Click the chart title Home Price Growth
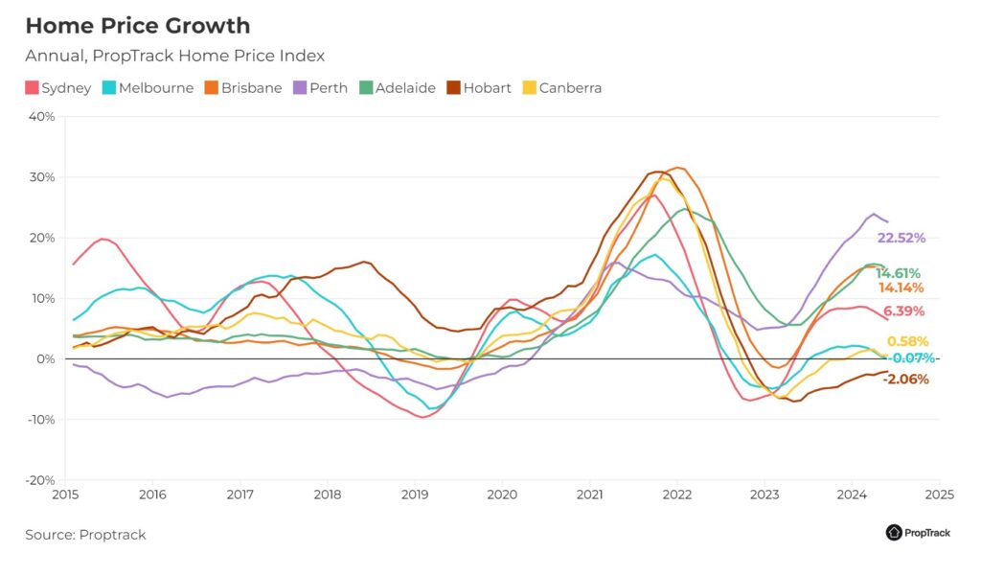tap(138, 26)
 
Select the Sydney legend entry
tap(58, 87)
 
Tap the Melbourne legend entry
tap(148, 87)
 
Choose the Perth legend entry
tap(320, 87)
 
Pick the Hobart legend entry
tap(479, 87)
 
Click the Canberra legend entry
tap(562, 87)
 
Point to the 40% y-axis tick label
tap(41, 117)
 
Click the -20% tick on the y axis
tap(40, 480)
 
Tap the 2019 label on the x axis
tap(415, 495)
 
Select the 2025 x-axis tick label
tap(940, 495)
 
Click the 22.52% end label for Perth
tap(901, 238)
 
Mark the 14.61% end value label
tap(898, 273)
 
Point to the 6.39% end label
tap(903, 311)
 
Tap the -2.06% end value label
tap(906, 379)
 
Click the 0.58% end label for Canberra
tap(908, 341)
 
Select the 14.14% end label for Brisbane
tap(901, 288)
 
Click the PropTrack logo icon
tap(894, 532)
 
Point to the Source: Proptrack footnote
tap(85, 535)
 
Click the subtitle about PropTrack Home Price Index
tap(174, 56)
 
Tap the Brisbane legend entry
tap(243, 87)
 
